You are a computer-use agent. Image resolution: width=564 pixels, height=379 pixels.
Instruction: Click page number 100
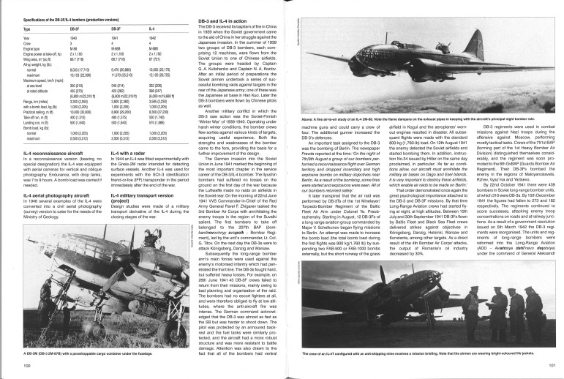click(x=26, y=365)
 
